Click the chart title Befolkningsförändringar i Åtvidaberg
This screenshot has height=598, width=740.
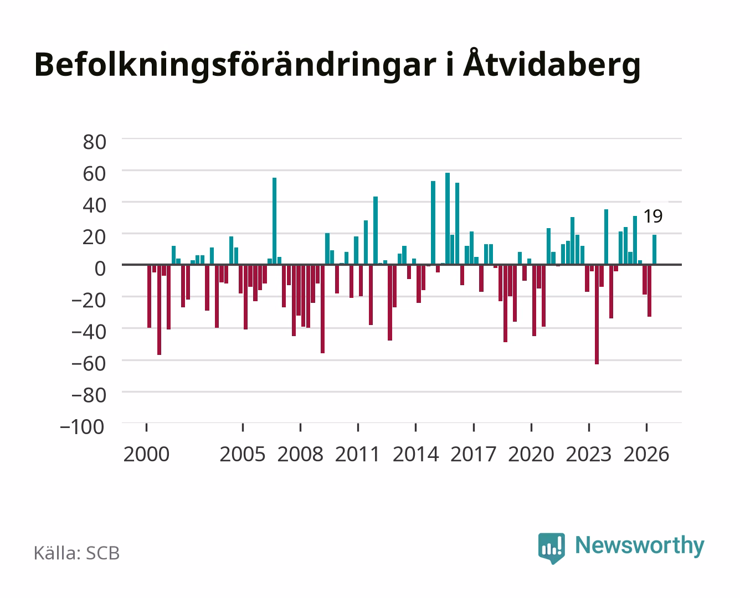[x=337, y=65]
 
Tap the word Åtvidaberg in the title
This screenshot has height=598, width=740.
[x=552, y=65]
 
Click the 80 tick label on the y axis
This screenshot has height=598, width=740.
[x=95, y=142]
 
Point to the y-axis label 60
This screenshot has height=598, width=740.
[x=95, y=174]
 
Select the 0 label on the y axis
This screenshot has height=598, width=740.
[x=100, y=269]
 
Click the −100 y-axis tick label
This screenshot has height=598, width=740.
[x=83, y=427]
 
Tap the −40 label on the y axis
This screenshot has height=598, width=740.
[x=89, y=332]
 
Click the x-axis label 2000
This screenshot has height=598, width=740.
[x=146, y=454]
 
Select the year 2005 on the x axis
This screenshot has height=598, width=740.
[x=243, y=454]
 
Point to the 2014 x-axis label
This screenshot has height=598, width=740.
[x=415, y=454]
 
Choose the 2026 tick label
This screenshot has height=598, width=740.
[x=646, y=454]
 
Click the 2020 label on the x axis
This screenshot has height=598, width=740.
[x=531, y=454]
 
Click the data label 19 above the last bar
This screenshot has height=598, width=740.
[x=653, y=216]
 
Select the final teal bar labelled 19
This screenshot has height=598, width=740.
[x=654, y=250]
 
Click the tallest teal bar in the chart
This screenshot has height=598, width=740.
[x=448, y=219]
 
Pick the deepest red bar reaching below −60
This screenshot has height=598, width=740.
[x=597, y=315]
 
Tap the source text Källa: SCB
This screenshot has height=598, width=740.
[x=76, y=553]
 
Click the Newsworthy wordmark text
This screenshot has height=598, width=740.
[x=640, y=545]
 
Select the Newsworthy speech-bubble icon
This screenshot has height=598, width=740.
[x=551, y=548]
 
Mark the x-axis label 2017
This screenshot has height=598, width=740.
[x=473, y=454]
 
